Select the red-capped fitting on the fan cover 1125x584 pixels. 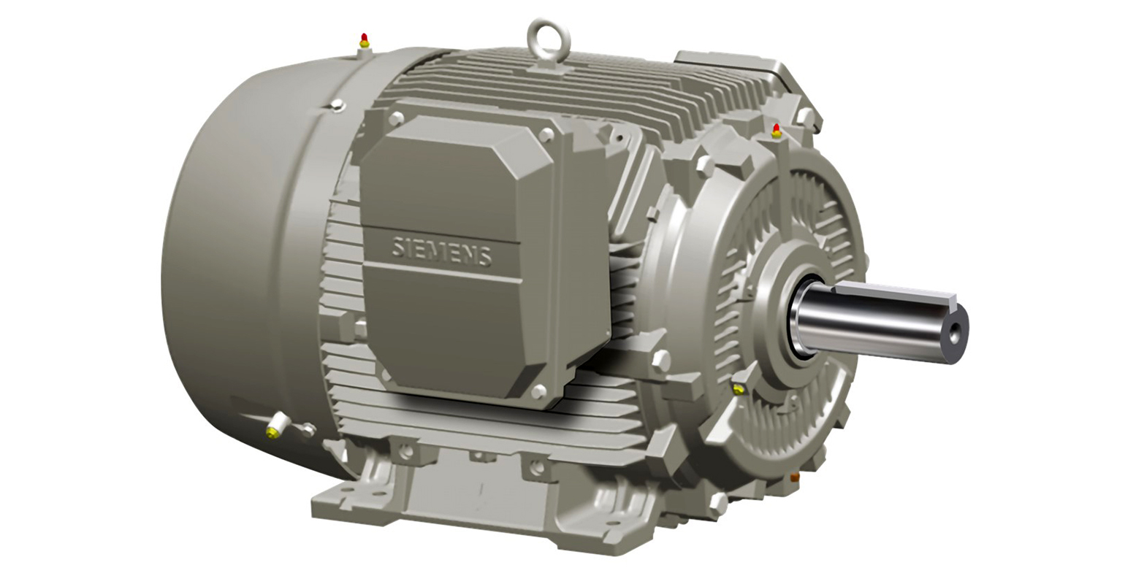pyautogui.click(x=364, y=40)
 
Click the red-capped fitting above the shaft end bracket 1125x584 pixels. pyautogui.click(x=776, y=131)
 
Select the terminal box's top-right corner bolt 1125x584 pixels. pyautogui.click(x=544, y=135)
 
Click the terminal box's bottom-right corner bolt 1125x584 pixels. pyautogui.click(x=539, y=392)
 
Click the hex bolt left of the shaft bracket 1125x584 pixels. pyautogui.click(x=660, y=358)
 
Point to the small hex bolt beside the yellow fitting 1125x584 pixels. pyautogui.click(x=308, y=430)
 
